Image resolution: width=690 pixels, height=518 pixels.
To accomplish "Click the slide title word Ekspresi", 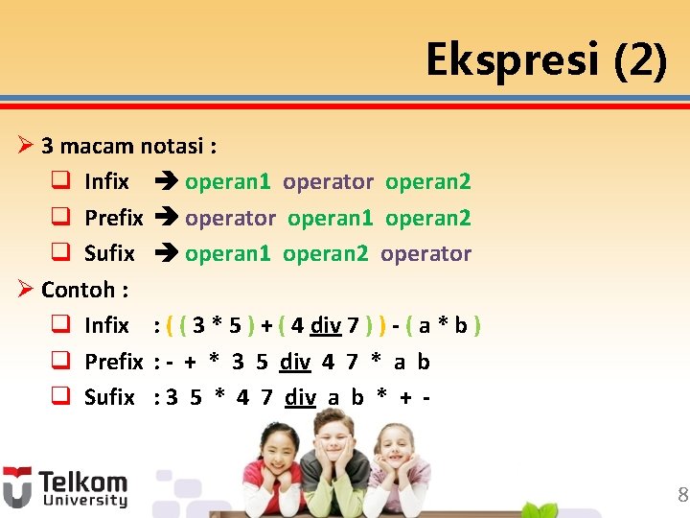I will [513, 60].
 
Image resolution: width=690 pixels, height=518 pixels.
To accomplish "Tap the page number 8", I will [682, 495].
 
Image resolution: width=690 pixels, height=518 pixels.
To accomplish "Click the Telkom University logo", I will [65, 486].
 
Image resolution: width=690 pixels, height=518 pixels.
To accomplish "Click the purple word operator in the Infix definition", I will [328, 182].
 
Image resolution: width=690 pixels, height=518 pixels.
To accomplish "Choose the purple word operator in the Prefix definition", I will [230, 219].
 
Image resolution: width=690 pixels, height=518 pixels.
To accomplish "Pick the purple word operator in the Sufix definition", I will [425, 254].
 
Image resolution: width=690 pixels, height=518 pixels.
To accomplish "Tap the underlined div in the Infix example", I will [326, 326].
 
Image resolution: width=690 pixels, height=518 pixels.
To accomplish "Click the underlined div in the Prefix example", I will [295, 363].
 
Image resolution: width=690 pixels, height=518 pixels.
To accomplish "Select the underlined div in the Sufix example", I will [301, 398].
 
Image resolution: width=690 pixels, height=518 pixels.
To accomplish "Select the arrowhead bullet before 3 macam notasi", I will [26, 146].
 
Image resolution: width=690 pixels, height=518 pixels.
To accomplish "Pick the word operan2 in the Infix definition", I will [427, 182].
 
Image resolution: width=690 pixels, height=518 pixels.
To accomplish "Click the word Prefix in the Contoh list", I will [113, 363].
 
